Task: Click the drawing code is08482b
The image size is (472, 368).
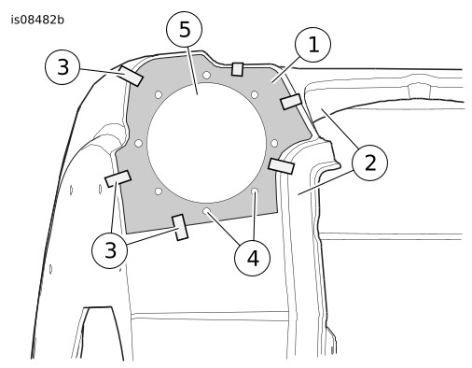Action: (x=37, y=20)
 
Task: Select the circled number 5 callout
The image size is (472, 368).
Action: (x=185, y=30)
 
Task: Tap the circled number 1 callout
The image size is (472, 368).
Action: (x=313, y=45)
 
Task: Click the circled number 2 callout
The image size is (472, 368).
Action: (x=369, y=163)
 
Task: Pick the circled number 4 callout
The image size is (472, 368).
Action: (x=252, y=258)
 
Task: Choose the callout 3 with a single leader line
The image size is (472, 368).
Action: (x=62, y=66)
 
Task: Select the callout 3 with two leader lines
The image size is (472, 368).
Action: (x=109, y=250)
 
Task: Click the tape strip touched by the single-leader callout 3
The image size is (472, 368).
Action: (x=132, y=76)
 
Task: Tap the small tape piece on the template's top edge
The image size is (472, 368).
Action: (x=238, y=69)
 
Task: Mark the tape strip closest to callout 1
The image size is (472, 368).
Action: (x=291, y=102)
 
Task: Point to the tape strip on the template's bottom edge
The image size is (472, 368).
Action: (x=180, y=227)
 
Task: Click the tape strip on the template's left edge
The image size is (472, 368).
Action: (x=118, y=178)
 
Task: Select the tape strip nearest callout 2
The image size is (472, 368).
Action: (x=281, y=166)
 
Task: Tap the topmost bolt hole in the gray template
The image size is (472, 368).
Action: (x=206, y=75)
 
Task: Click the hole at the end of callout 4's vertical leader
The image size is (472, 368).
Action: (x=255, y=191)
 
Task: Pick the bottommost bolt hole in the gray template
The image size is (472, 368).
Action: (x=206, y=211)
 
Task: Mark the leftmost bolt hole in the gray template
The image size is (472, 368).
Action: (x=139, y=143)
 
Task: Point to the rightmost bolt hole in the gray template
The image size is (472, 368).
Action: (x=274, y=143)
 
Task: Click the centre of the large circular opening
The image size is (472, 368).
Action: (x=207, y=143)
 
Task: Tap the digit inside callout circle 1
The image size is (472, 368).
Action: (x=313, y=45)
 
